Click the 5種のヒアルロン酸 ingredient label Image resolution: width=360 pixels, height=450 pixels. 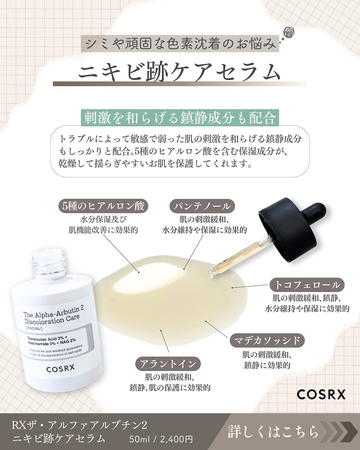tap(103, 206)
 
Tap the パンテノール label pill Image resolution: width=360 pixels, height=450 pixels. tap(202, 206)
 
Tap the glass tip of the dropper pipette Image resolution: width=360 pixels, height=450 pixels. tap(212, 274)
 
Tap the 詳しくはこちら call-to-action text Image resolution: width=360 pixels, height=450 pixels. tap(273, 431)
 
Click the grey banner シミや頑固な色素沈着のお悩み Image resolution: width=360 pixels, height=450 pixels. tap(180, 45)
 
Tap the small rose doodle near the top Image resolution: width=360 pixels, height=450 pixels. tap(289, 33)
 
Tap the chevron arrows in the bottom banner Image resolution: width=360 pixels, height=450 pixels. tap(335, 431)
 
